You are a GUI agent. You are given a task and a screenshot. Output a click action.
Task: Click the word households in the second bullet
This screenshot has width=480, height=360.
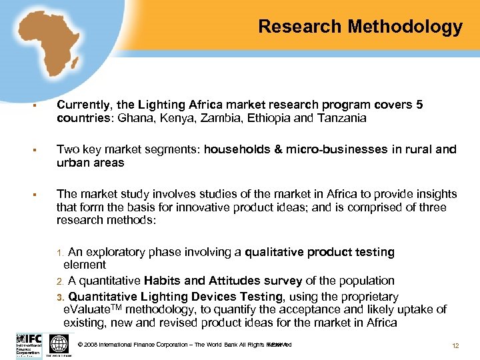[x=236, y=150]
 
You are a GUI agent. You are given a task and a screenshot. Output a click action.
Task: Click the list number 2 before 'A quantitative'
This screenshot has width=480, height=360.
[x=59, y=281]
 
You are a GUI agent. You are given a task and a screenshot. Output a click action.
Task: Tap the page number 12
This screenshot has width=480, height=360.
[x=455, y=345]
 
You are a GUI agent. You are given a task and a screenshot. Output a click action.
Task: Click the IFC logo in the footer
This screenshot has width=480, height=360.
[x=29, y=344]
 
